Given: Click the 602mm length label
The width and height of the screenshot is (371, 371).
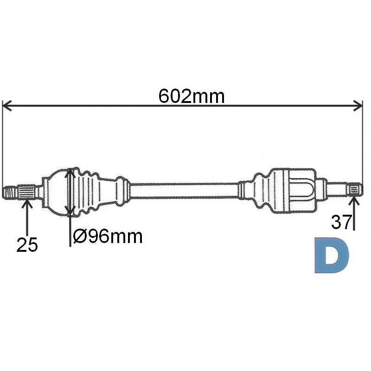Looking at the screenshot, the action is (192, 96).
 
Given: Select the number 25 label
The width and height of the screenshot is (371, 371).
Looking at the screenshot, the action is (27, 244).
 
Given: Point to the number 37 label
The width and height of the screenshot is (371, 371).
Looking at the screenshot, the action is (341, 222).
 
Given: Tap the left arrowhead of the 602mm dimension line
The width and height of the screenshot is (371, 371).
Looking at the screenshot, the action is (6, 106).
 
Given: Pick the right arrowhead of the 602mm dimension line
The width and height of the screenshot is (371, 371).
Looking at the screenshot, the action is (358, 106).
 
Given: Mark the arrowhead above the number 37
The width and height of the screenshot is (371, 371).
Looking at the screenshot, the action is (354, 201).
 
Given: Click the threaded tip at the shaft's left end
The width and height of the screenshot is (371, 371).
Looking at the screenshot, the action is (10, 192).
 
